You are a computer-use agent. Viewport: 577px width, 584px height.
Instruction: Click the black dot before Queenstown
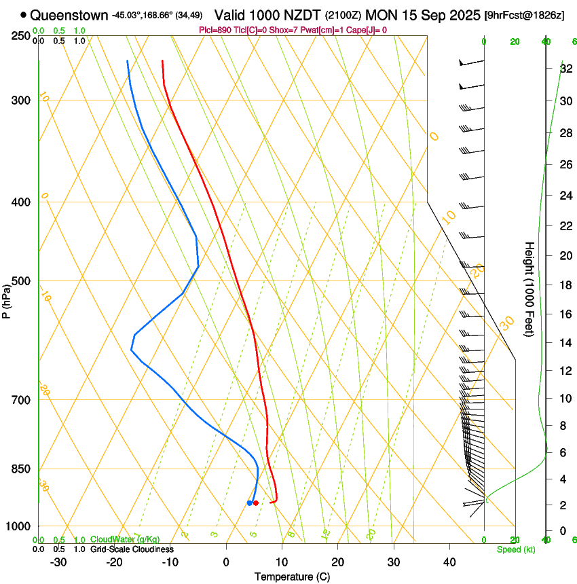click(x=24, y=14)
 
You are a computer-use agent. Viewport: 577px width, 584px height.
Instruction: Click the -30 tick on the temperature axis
click(x=58, y=562)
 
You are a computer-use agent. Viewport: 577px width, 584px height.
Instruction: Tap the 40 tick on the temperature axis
click(x=449, y=562)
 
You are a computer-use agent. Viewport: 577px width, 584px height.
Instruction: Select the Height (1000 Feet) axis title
click(x=530, y=289)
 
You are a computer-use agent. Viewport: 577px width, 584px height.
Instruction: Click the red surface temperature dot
click(x=256, y=503)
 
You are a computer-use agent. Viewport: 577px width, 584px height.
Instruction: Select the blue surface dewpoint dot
click(x=250, y=503)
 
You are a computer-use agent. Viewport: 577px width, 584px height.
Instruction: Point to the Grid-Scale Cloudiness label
click(x=132, y=549)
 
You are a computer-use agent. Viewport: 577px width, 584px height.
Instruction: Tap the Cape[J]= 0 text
click(x=365, y=30)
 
